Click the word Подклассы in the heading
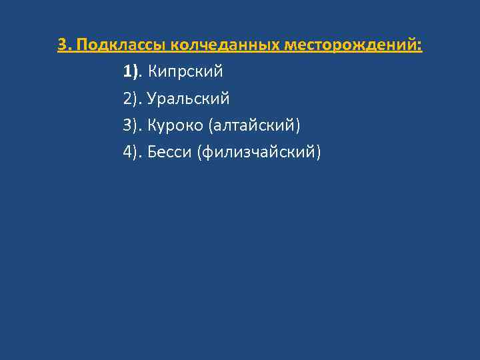121,45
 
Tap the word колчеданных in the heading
226,45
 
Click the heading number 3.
62,45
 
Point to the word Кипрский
185,71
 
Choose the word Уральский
189,99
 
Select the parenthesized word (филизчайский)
259,153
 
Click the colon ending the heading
421,45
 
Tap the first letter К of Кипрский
152,71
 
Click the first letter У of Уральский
152,99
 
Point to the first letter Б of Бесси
152,153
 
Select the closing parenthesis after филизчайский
318,153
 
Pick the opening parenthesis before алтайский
211,125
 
